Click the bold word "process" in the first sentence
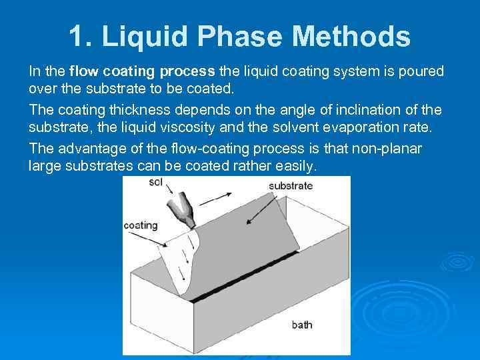pos(185,72)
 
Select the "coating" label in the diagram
pos(140,225)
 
